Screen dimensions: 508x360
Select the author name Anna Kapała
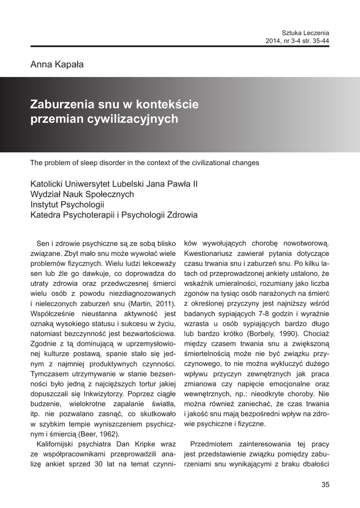pos(57,64)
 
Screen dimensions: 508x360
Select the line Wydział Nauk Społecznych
pos(82,194)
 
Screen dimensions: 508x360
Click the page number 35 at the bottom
pos(325,485)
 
